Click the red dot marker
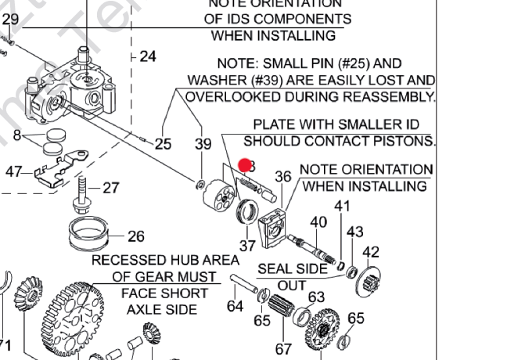coord(246,165)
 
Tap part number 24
coord(148,56)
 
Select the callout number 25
coord(163,144)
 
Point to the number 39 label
coord(203,144)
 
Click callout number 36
coord(282,177)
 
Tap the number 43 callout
coord(355,232)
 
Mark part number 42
coord(370,251)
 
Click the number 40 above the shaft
coord(318,222)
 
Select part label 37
coord(248,246)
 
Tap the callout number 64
coord(236,306)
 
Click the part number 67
coord(283,349)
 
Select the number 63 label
coord(315,297)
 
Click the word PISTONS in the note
coord(404,141)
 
